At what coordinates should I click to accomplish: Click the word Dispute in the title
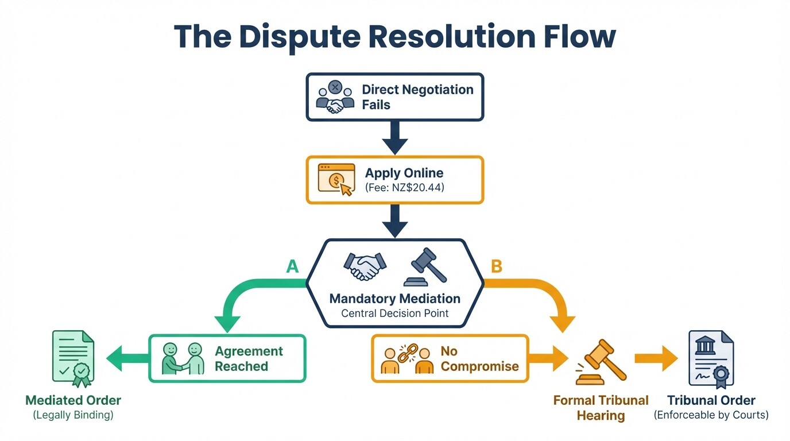[x=299, y=36]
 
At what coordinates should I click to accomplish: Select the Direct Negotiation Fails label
[x=417, y=97]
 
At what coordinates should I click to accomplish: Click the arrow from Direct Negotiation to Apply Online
[x=395, y=138]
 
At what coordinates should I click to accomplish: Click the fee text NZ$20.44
[x=404, y=187]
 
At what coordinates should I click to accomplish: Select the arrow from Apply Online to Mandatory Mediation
[x=395, y=221]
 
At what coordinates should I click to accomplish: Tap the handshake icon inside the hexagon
[x=365, y=265]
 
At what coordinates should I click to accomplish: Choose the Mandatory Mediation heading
[x=395, y=299]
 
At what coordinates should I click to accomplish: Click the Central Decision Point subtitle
[x=395, y=314]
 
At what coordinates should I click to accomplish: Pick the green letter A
[x=292, y=266]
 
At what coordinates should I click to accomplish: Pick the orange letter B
[x=497, y=266]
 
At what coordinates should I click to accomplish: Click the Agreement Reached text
[x=249, y=358]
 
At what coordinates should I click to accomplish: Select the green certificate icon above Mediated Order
[x=73, y=358]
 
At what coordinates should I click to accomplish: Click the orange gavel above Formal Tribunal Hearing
[x=600, y=362]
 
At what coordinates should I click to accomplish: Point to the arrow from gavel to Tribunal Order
[x=657, y=358]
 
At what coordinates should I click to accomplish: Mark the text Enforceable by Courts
[x=711, y=415]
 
